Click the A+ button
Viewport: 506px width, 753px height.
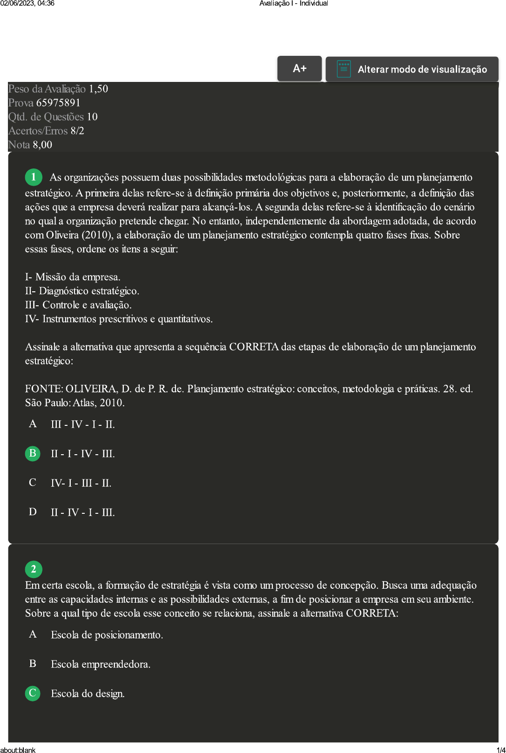[x=299, y=68]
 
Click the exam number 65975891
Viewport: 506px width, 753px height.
[x=58, y=103]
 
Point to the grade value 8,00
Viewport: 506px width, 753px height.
[x=42, y=145]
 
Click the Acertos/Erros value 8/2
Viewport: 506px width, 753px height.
[x=77, y=131]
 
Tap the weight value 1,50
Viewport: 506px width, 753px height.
[x=98, y=89]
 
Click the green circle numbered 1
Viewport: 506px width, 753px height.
[x=34, y=177]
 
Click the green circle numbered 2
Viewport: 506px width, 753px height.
[x=34, y=569]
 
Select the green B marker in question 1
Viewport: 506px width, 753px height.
[x=33, y=453]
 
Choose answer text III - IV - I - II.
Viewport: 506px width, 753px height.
[x=83, y=424]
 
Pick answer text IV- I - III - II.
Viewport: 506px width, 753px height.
[x=81, y=483]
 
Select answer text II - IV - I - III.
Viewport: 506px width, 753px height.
[x=83, y=512]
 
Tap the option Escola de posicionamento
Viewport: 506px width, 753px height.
[x=107, y=635]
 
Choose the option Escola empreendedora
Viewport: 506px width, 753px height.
[x=101, y=664]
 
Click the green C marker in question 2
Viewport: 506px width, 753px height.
[x=33, y=693]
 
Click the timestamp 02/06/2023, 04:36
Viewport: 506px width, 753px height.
[x=27, y=3]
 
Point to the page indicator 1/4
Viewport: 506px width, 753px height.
[x=501, y=750]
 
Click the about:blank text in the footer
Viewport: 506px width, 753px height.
[x=18, y=750]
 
